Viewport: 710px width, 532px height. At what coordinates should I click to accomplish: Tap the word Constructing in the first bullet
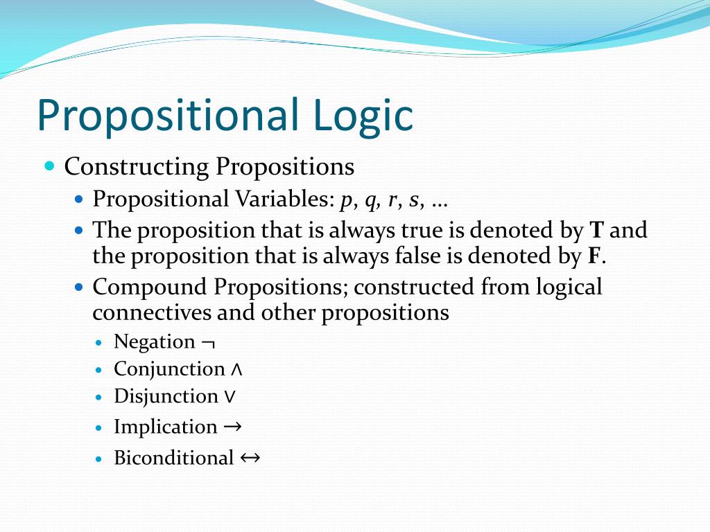coord(136,167)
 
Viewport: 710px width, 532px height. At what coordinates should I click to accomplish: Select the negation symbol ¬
coord(208,343)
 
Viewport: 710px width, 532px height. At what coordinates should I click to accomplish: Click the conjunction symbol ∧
coord(236,370)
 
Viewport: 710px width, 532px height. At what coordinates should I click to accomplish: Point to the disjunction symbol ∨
coord(230,397)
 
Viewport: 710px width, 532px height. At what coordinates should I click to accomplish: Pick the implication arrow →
coord(233,427)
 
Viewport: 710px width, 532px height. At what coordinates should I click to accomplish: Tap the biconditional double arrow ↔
coord(250,457)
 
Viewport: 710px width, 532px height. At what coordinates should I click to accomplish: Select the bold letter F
coord(594,256)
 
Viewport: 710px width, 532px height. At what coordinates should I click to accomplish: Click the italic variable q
coord(372,200)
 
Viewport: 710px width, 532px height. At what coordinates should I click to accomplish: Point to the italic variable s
coord(414,200)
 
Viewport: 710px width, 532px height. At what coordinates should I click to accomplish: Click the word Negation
coord(155,342)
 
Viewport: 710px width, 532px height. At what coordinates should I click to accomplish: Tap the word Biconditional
coord(174,458)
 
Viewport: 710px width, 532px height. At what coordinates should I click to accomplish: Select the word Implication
coord(166,427)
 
